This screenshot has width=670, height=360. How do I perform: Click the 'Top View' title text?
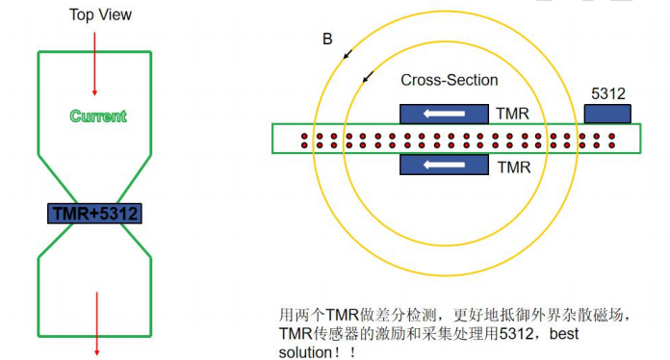click(x=101, y=14)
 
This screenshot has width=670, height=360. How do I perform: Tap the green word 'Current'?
click(x=98, y=116)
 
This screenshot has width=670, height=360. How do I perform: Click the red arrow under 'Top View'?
click(x=94, y=63)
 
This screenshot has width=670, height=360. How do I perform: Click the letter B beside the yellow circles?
click(x=327, y=40)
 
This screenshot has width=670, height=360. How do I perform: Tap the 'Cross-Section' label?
click(x=449, y=81)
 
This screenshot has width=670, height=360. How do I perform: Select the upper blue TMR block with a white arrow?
click(x=443, y=114)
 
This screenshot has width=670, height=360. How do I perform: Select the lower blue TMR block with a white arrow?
click(x=443, y=165)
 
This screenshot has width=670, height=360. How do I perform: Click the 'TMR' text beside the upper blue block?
click(x=513, y=115)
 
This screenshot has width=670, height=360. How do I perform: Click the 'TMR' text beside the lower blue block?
click(x=513, y=166)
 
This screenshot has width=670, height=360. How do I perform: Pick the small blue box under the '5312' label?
click(x=607, y=114)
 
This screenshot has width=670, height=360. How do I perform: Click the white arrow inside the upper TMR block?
click(x=444, y=115)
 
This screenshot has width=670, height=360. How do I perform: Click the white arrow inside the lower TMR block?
click(x=444, y=165)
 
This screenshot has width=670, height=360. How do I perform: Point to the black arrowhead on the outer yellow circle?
click(x=348, y=52)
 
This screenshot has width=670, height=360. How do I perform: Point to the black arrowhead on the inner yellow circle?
click(x=366, y=79)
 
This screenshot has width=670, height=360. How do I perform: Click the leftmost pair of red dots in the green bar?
click(x=304, y=140)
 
